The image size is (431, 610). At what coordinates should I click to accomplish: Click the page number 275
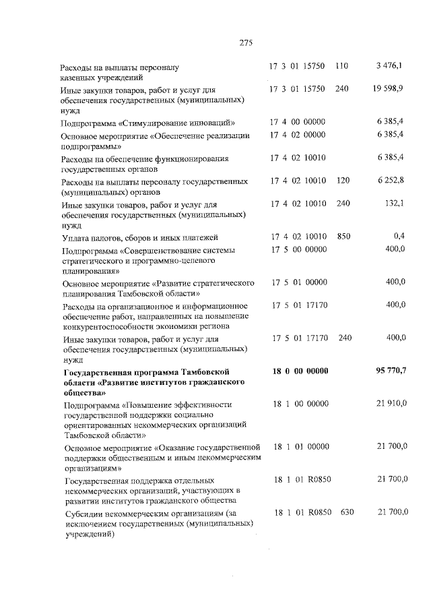click(x=245, y=43)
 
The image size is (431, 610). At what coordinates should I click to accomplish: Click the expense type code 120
click(x=343, y=181)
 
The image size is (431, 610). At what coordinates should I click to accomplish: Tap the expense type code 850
click(x=343, y=237)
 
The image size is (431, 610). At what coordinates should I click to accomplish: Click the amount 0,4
click(x=398, y=237)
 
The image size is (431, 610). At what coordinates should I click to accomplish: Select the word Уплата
click(x=75, y=237)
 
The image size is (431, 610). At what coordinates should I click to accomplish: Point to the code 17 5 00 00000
click(x=298, y=249)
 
